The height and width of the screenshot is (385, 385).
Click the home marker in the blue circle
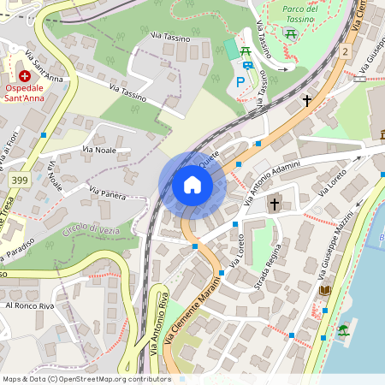192,185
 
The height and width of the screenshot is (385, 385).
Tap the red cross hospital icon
24,75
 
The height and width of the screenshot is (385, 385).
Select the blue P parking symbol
240,83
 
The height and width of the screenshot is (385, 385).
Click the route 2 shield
344,52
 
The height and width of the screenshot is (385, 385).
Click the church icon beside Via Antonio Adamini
275,204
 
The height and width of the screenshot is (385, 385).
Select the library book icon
325,291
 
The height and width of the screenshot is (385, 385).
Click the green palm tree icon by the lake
344,329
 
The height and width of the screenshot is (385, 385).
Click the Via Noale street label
99,150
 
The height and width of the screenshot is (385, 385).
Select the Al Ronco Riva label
31,305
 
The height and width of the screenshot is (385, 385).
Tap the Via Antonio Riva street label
157,324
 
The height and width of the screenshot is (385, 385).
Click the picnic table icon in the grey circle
292,33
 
